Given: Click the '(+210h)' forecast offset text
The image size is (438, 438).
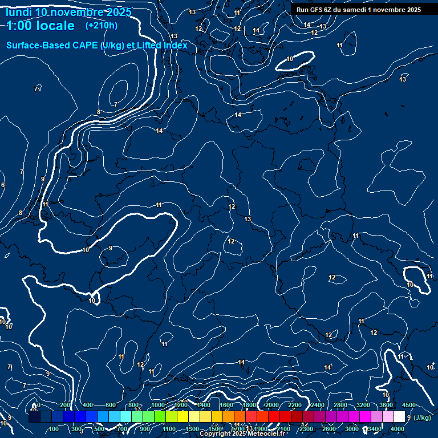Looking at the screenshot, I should pos(102,25).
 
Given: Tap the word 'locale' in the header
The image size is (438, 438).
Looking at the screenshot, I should pos(54,26).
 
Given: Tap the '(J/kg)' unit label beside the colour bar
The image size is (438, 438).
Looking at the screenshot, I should pos(422,418).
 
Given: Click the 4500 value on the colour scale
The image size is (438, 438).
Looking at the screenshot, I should pos(409,405).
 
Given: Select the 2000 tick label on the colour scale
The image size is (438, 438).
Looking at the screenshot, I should pos(272,405).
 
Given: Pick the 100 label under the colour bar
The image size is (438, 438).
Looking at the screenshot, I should pos(54,429).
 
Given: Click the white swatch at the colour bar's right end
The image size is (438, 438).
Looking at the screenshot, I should pos(399,417).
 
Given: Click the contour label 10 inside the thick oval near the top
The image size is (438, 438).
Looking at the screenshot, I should pos(290,59).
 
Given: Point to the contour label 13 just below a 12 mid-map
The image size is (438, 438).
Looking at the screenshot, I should pos(248,219).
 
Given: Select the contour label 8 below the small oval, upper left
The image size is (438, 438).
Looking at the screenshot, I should pos(99,112).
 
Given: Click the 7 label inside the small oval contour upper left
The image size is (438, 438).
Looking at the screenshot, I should pos(116,104).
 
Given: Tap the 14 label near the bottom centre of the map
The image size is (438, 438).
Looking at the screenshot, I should pos(241,362).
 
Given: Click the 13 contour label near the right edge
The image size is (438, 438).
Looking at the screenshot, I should pos(403,79).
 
